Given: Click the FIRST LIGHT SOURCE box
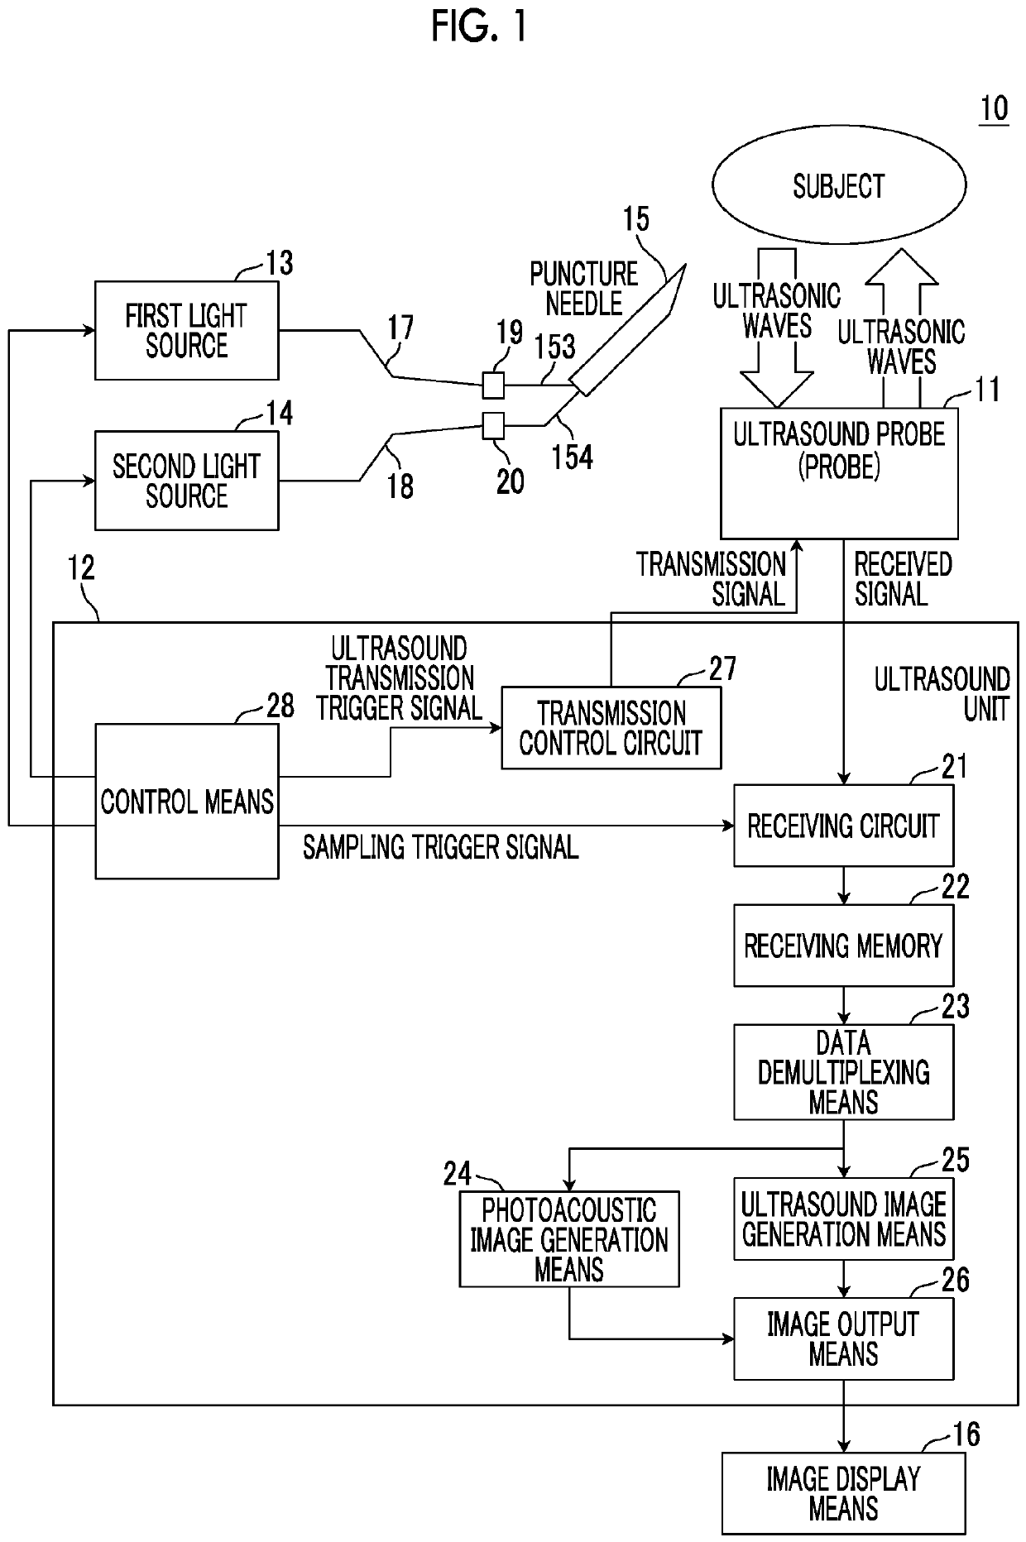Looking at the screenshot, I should pyautogui.click(x=186, y=331).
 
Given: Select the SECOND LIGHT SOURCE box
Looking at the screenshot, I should pyautogui.click(x=186, y=481).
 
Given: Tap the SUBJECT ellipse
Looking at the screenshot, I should pyautogui.click(x=838, y=186).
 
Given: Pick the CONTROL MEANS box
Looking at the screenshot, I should pyautogui.click(x=186, y=801).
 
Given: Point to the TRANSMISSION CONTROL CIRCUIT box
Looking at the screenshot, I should pyautogui.click(x=611, y=728).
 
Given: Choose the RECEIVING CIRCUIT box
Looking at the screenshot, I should pyautogui.click(x=843, y=826).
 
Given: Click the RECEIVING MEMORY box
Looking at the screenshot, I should pyautogui.click(x=843, y=946).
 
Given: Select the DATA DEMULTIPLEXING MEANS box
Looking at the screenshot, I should pyautogui.click(x=843, y=1072).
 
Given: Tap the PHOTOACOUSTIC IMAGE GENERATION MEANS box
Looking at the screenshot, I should pyautogui.click(x=569, y=1239).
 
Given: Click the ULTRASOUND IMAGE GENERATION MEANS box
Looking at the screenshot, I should pyautogui.click(x=843, y=1219).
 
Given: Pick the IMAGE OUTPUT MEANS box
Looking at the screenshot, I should pyautogui.click(x=843, y=1339).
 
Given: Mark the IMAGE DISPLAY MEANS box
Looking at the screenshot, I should pyautogui.click(x=843, y=1493).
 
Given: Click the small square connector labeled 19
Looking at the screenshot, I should pyautogui.click(x=493, y=385).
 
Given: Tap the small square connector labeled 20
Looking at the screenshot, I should pyautogui.click(x=493, y=426).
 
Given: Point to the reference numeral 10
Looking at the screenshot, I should pyautogui.click(x=994, y=109).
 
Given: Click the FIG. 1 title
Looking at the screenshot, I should pyautogui.click(x=479, y=27).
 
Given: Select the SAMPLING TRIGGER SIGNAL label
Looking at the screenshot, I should pyautogui.click(x=440, y=847).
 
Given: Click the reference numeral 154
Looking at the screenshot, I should pyautogui.click(x=573, y=457).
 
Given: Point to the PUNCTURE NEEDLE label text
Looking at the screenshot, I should pyautogui.click(x=583, y=289).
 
